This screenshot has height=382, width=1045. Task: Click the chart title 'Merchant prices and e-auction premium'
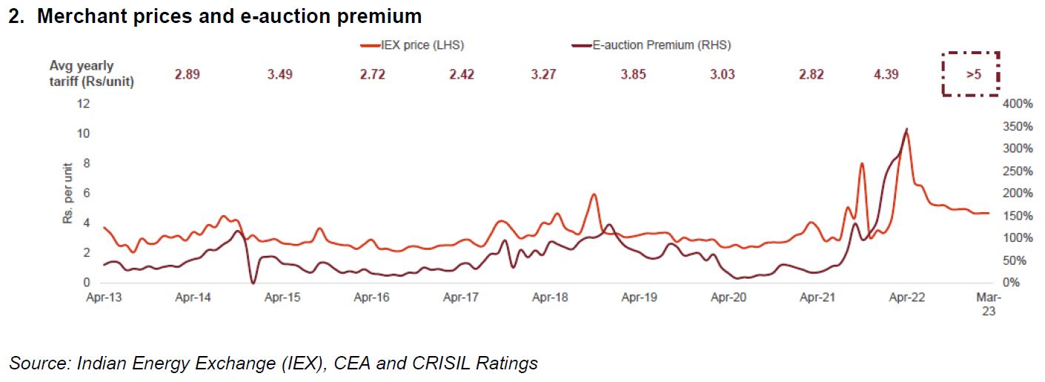(x=228, y=16)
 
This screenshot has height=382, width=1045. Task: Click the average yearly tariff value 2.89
(x=188, y=75)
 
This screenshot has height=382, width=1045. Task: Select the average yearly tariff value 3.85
(x=634, y=75)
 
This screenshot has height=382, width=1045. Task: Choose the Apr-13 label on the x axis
(x=104, y=298)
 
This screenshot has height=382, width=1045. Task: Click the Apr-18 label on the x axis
(x=550, y=298)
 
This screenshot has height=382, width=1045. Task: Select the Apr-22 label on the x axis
(x=906, y=298)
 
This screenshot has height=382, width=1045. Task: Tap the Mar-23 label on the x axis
(x=989, y=304)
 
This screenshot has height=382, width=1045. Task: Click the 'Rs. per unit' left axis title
(x=67, y=194)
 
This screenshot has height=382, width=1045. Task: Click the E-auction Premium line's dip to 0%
(x=253, y=283)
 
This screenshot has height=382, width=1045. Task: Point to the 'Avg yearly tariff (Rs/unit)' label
(x=91, y=74)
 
